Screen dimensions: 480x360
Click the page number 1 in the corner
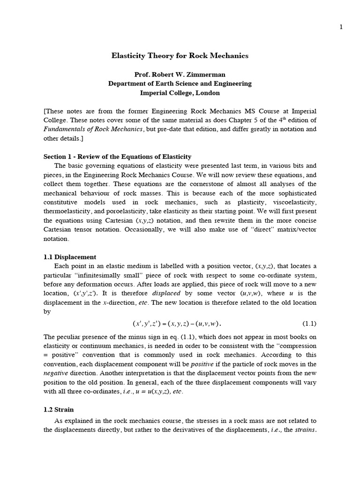(x=341, y=27)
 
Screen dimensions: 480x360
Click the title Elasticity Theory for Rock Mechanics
(x=180, y=56)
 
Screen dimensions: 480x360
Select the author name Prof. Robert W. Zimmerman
(x=180, y=75)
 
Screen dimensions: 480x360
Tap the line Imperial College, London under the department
(x=180, y=93)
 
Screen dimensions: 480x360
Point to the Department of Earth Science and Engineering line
(x=180, y=83)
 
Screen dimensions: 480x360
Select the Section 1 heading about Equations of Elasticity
(x=117, y=157)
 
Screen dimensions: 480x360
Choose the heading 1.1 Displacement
(x=70, y=257)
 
